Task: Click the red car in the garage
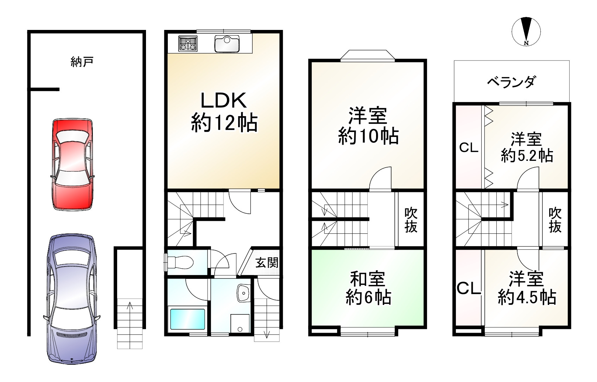(x=72, y=164)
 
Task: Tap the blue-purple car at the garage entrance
(x=72, y=299)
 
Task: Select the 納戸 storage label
(x=82, y=62)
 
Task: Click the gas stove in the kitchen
(x=188, y=44)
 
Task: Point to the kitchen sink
(x=227, y=44)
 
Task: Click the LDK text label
(x=223, y=100)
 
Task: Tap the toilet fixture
(x=179, y=262)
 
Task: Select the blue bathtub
(x=188, y=320)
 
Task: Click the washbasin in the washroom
(x=243, y=293)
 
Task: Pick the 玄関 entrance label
(x=267, y=263)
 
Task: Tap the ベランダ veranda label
(x=511, y=82)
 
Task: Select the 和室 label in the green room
(x=368, y=279)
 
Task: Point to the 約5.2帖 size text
(x=527, y=156)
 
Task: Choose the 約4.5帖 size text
(x=527, y=297)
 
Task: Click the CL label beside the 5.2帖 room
(x=469, y=148)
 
